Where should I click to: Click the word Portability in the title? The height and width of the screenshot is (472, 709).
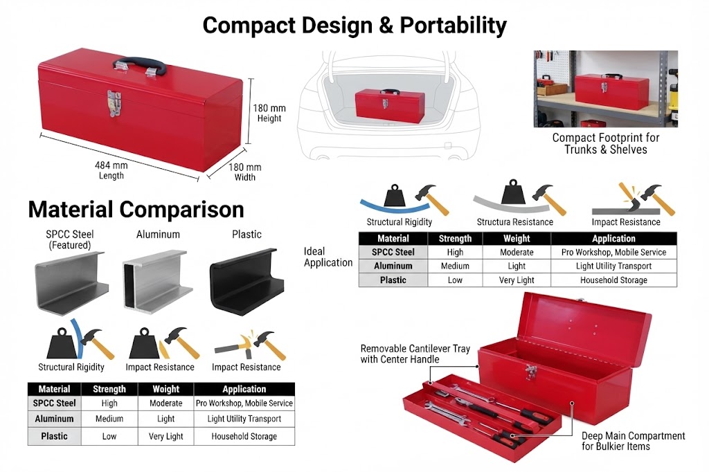pos(453,26)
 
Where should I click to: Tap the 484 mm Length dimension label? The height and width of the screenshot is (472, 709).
pos(111,170)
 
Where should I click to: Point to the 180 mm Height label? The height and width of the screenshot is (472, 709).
pos(269,113)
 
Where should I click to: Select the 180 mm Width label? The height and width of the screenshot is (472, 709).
pos(244,172)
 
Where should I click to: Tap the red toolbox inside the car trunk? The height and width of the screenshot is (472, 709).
pos(390,106)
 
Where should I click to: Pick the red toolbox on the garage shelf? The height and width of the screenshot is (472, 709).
pos(605,92)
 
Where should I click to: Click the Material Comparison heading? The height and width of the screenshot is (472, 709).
pos(136,209)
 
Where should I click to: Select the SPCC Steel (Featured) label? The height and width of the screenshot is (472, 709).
pos(70,239)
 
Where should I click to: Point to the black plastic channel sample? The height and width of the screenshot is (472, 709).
pos(247,281)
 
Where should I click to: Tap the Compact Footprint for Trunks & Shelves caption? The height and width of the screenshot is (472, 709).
pos(605,143)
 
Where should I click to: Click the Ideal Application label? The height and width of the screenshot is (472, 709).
pos(327,257)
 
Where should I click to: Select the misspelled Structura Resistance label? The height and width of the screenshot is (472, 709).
pos(515,222)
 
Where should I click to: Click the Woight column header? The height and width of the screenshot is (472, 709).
pos(166,389)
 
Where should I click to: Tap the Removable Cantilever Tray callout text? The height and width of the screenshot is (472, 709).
pos(415,354)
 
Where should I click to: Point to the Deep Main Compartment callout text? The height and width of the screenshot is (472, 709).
pos(633,441)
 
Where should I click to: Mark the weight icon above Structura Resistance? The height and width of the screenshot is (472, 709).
pos(513,192)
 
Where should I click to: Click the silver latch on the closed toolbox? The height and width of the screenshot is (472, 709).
pos(114,103)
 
